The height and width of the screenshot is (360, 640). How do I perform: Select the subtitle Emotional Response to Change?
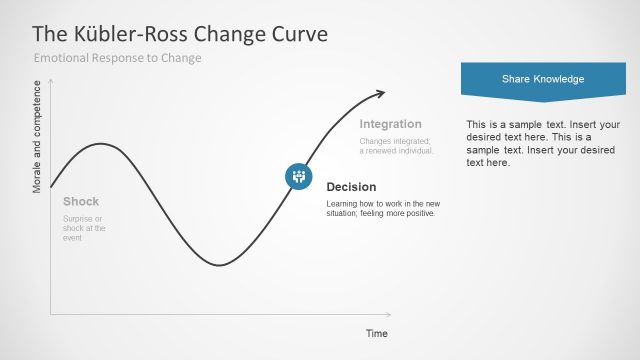click(118, 58)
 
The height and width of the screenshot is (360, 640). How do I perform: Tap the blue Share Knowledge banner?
click(542, 79)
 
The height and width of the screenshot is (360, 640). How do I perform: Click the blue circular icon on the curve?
click(298, 176)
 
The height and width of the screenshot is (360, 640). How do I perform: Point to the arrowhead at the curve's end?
click(380, 94)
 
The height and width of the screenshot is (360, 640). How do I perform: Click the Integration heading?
click(390, 124)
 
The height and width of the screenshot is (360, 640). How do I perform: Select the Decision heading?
click(351, 187)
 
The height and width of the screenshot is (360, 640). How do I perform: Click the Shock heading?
click(81, 201)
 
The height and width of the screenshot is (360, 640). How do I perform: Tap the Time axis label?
click(376, 333)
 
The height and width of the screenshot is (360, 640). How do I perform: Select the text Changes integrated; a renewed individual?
click(396, 146)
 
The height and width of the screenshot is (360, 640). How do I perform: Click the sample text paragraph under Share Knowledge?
click(543, 143)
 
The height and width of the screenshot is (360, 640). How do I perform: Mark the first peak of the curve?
click(100, 144)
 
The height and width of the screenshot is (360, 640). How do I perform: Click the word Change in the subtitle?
click(183, 58)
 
